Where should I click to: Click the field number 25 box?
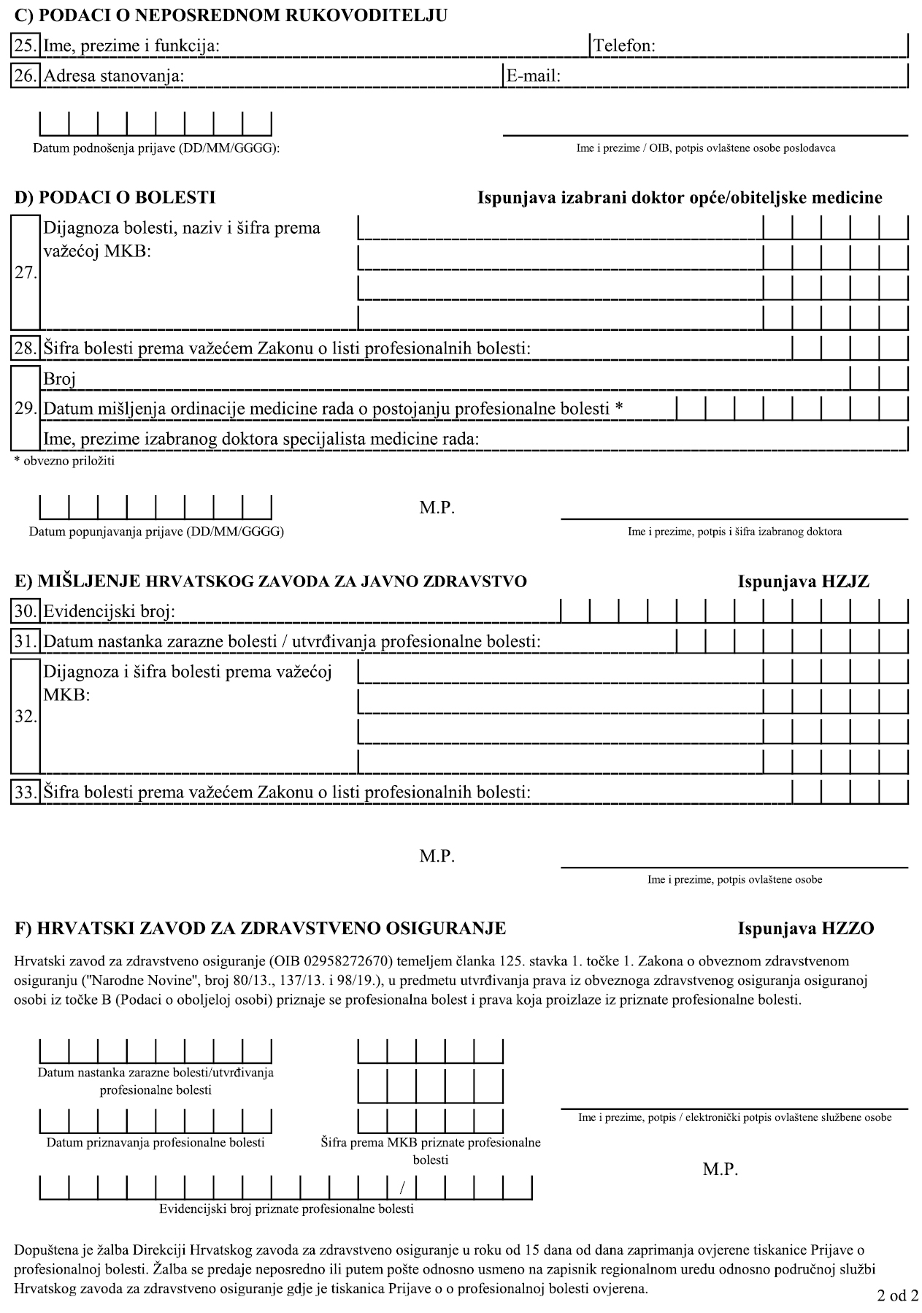(26, 46)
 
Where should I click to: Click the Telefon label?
(624, 46)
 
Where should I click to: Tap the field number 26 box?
(26, 76)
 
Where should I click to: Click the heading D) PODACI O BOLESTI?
(115, 197)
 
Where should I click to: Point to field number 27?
(26, 273)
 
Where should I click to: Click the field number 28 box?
(26, 348)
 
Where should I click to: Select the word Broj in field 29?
(60, 378)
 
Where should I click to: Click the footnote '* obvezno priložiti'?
(64, 461)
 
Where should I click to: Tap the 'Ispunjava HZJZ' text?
(803, 582)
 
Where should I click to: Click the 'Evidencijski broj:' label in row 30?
(110, 611)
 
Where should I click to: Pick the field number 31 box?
(26, 641)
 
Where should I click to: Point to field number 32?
(26, 716)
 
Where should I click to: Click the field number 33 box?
(26, 792)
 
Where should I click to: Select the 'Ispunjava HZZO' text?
(805, 929)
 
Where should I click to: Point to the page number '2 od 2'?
(897, 1295)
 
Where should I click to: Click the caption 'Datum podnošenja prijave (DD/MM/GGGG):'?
(156, 148)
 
